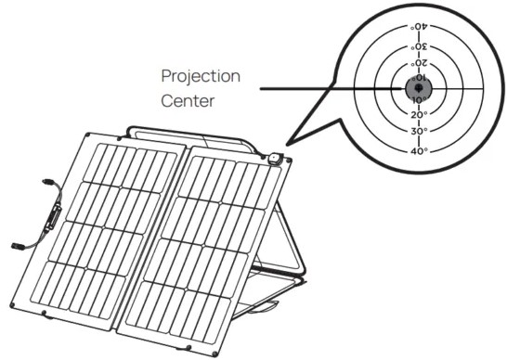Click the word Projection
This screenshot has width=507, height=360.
201,77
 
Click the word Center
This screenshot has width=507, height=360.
188,101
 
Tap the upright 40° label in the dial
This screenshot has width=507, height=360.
420,151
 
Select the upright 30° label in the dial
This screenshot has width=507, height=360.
420,131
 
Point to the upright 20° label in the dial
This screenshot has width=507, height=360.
420,114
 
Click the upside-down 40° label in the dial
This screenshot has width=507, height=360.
420,27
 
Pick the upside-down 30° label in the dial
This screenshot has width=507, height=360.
420,46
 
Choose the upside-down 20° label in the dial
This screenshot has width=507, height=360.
420,63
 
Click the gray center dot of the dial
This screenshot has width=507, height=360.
419,88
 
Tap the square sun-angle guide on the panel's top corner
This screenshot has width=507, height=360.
275,159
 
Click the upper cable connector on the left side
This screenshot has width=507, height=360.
48,182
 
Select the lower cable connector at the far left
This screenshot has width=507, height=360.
17,246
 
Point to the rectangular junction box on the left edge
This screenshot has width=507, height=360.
53,217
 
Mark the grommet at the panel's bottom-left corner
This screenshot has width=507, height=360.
12,304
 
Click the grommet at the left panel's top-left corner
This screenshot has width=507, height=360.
88,135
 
